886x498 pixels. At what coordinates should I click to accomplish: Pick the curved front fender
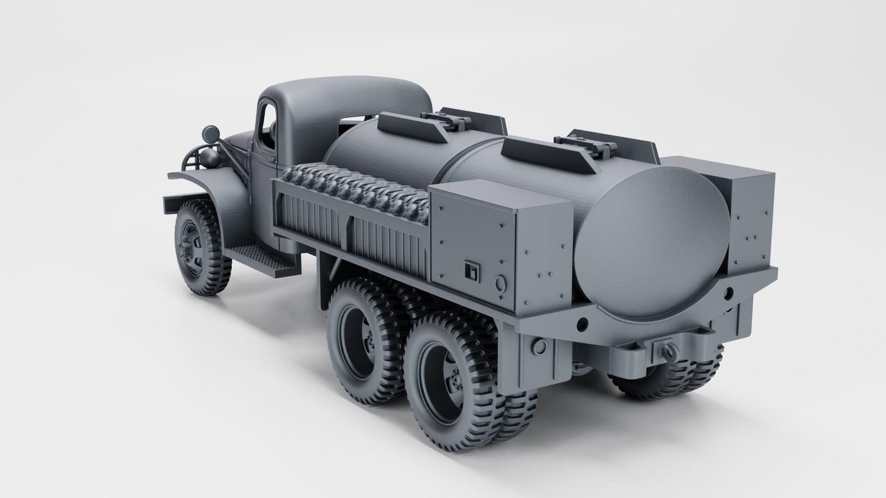[x=212, y=190]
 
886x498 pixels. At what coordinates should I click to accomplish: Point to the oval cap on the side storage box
[x=500, y=283]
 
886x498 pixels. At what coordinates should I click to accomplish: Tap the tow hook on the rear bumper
[x=666, y=350]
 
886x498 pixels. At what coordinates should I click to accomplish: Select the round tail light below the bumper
[x=540, y=347]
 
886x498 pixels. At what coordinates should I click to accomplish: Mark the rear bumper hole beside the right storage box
[x=728, y=293]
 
